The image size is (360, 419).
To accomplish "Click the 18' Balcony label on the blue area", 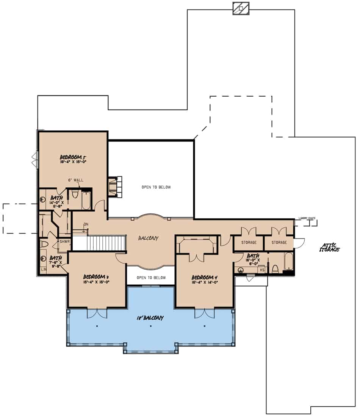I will point(150,318).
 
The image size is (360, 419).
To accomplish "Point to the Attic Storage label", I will point(329,248).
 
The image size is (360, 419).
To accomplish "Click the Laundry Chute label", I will point(307,218).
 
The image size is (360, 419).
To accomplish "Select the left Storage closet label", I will point(248,242).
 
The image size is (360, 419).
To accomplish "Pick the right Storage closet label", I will point(279,242).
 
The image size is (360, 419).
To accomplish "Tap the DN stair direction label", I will point(86,224).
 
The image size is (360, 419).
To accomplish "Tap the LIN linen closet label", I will point(43,270).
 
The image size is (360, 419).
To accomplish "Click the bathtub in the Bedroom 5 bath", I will point(86,200).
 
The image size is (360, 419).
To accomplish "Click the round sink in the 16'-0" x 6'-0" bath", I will point(240,270).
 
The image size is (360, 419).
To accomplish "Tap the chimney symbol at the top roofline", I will point(241,8).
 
